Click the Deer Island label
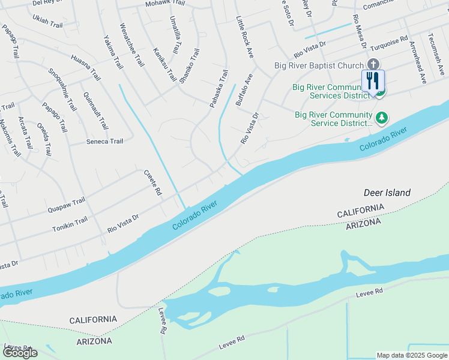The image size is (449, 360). [x=387, y=193]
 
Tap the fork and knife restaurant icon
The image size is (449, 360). [x=373, y=80]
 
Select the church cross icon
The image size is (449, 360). [x=373, y=65]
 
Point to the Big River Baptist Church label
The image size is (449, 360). [x=319, y=65]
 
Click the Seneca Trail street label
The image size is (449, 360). [x=105, y=142]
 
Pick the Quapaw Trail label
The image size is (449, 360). [x=66, y=205]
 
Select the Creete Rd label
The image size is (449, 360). [x=152, y=182]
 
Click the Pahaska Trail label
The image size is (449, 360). [x=219, y=89]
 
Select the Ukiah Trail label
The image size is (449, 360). [x=47, y=23]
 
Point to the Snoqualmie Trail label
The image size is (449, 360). [x=62, y=89]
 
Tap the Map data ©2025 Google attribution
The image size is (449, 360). [x=411, y=355]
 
